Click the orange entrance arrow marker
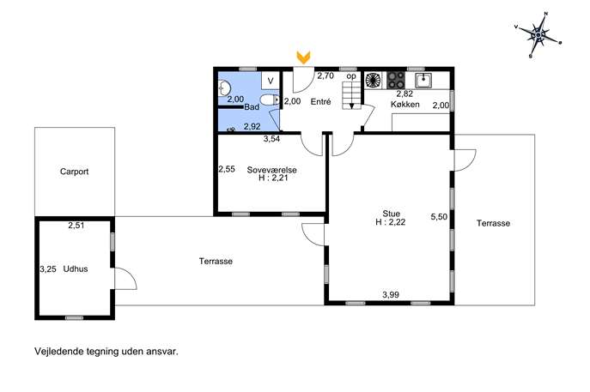[x=303, y=57]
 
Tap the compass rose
[x=538, y=35]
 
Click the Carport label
[x=74, y=172]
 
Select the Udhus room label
[x=76, y=269]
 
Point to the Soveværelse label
[x=271, y=170]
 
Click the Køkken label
[x=404, y=104]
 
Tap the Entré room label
[x=320, y=101]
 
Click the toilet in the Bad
[x=270, y=100]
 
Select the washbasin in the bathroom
[x=224, y=88]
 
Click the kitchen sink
[x=423, y=80]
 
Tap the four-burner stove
[x=396, y=80]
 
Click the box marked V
[x=271, y=81]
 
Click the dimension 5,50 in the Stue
[x=439, y=217]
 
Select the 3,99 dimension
[x=391, y=295]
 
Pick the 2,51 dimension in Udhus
[x=76, y=226]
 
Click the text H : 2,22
[x=391, y=222]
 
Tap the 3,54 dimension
[x=271, y=139]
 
